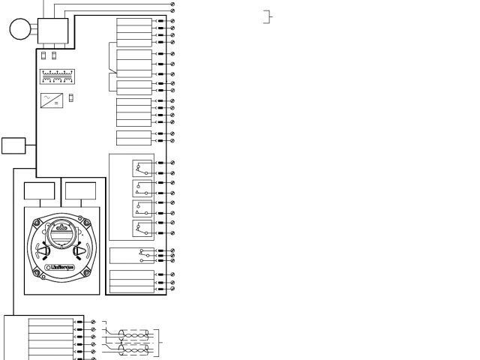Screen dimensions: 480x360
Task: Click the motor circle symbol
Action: tap(19, 30)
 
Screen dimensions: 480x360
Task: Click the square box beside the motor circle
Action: tap(52, 31)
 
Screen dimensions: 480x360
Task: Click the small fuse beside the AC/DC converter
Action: tap(71, 97)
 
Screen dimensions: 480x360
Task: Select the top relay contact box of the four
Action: tap(142, 167)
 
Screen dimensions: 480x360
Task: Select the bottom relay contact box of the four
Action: tap(142, 227)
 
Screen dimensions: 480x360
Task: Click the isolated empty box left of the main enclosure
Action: tap(13, 145)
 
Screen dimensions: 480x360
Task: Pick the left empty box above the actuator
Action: tap(39, 192)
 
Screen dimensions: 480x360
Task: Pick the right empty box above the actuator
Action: tap(79, 192)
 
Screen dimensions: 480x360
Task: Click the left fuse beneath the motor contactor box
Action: tap(43, 55)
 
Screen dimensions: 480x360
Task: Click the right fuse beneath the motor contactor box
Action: tap(54, 55)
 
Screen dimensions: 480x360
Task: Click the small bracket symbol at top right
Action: tap(267, 16)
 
